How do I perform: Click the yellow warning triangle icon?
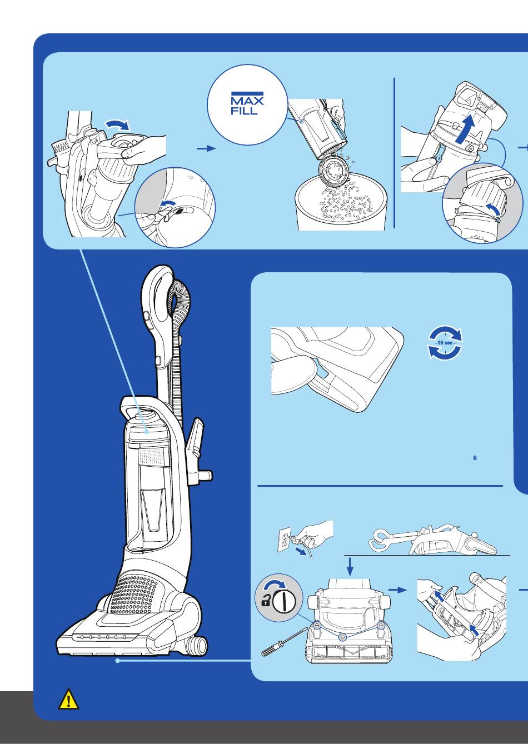coord(68,700)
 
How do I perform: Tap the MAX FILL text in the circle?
coord(247,104)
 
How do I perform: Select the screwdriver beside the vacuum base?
coord(284,644)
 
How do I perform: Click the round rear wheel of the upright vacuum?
coord(197,646)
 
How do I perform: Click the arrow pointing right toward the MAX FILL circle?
coord(207,149)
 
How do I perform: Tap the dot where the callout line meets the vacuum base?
coord(118,661)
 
